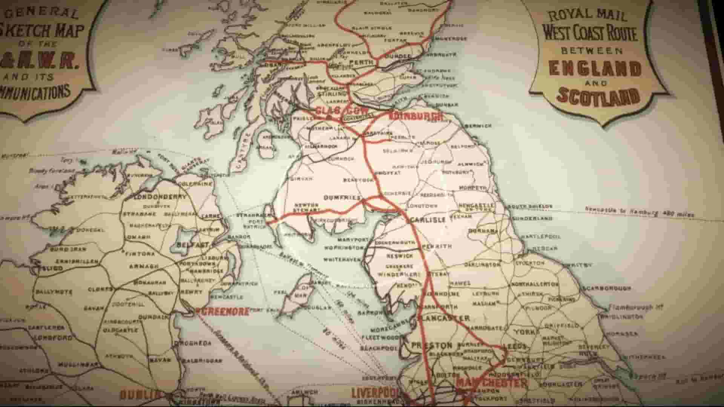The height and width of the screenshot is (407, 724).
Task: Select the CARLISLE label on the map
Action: (428, 220)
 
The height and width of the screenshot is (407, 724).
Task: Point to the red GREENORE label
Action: (222, 312)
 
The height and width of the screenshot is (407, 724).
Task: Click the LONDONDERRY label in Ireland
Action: (158, 197)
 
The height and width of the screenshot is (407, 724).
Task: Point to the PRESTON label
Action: (431, 345)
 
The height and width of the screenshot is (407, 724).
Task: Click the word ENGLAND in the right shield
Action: (595, 68)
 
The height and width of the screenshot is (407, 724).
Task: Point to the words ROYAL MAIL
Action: (587, 15)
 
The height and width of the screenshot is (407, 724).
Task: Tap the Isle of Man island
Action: (298, 296)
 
